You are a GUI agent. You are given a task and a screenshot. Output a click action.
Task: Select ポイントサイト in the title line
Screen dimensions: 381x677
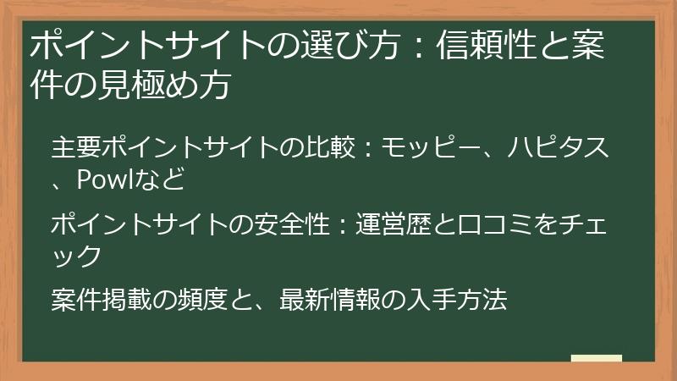point(132,46)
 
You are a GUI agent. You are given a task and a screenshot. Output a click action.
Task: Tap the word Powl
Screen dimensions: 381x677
point(105,179)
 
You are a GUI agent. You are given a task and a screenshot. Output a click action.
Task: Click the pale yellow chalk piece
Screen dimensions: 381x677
point(597,358)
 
